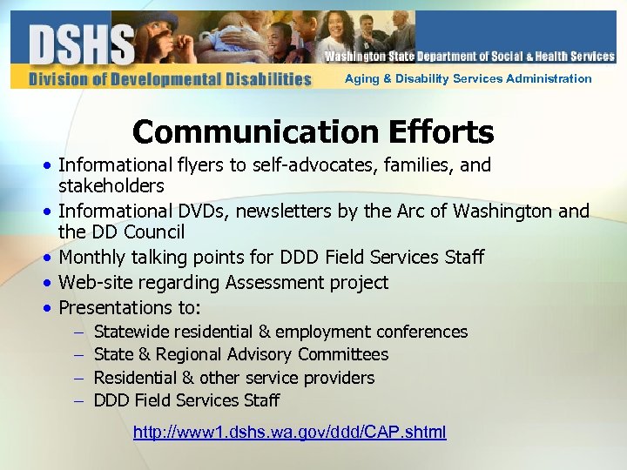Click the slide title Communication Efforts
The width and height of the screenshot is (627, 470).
[x=313, y=132]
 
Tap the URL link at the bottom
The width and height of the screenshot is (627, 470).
[x=289, y=433]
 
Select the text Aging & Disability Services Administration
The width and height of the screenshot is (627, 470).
[x=468, y=78]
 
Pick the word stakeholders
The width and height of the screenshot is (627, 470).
[x=111, y=186]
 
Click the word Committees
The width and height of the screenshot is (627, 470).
[x=343, y=354]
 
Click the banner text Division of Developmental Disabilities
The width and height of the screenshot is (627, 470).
[x=170, y=79]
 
